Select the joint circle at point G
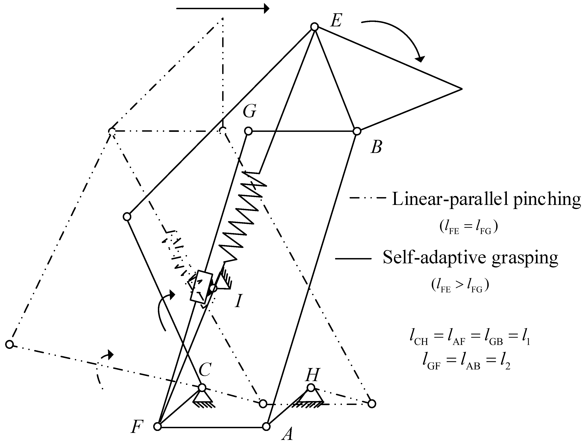pos(248,131)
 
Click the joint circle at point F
pos(157,427)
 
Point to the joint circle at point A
pos(266,427)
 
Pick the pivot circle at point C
pos(202,388)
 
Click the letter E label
pos(336,20)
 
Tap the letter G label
pos(249,111)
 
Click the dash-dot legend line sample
pos(368,198)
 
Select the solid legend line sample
pos(353,258)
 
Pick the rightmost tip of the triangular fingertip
pos(461,89)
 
